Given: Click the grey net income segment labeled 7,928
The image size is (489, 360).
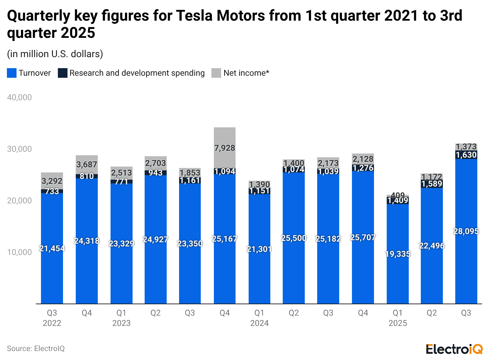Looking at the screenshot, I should point(225,148).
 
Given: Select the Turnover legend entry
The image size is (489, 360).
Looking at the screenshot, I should point(29,73).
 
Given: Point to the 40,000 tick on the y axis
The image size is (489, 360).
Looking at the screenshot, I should point(19,97).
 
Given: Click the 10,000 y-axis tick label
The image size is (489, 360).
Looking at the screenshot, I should point(19,252).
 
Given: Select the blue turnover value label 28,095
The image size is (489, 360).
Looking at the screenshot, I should point(466,231).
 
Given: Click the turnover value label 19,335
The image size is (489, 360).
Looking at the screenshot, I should point(398,254).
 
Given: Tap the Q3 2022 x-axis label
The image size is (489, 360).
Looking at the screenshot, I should point(52,318).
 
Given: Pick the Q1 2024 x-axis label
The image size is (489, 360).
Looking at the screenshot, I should point(259,318).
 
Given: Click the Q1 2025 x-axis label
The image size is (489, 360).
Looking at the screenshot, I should point(398,318).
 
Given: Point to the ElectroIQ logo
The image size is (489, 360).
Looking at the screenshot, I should point(454,349).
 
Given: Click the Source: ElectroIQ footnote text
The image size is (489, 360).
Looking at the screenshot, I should point(36,349).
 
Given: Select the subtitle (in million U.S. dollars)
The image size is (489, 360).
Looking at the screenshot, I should point(55,54).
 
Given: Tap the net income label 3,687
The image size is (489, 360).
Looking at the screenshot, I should point(87,165).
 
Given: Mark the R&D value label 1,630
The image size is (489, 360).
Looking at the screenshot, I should point(466,155).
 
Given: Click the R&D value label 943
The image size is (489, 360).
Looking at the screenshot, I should point(156,173).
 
